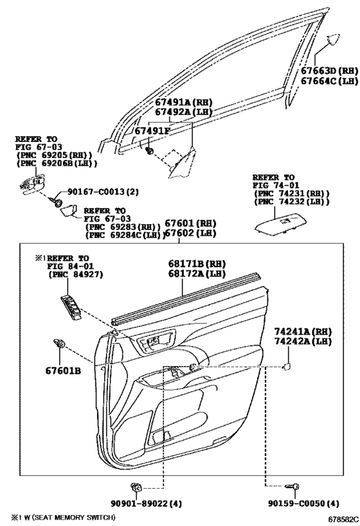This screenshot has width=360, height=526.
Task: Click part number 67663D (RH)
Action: coord(329,71)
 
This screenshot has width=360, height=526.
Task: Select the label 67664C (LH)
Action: coord(329,81)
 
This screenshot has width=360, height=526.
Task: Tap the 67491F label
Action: coord(152,131)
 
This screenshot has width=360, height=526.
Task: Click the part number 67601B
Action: coord(63,371)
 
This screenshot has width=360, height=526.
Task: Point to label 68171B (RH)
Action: coord(197,264)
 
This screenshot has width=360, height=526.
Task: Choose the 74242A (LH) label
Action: coord(303,342)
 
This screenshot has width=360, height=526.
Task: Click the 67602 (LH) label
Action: coord(190,232)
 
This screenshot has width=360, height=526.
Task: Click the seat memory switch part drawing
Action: coord(71,308)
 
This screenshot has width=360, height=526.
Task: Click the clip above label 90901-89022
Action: coord(136,486)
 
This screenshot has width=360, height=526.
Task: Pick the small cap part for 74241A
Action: coord(287,367)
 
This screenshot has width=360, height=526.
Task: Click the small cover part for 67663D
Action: coord(334,39)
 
